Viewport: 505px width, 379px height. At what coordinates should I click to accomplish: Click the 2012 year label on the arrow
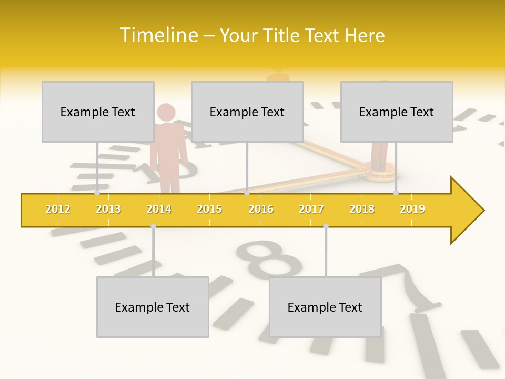click(x=58, y=209)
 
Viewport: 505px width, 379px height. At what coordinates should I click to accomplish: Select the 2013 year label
click(x=108, y=209)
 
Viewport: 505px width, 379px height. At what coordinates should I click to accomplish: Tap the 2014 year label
click(x=159, y=209)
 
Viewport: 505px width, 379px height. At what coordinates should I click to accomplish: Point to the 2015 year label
click(x=209, y=209)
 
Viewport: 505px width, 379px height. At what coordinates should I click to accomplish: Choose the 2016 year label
click(x=261, y=209)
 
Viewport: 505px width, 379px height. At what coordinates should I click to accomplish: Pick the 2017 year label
click(x=311, y=209)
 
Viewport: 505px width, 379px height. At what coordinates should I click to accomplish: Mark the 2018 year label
click(x=362, y=209)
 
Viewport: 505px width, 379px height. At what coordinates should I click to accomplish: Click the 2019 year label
click(x=412, y=209)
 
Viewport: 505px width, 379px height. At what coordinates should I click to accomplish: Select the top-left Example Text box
click(x=98, y=112)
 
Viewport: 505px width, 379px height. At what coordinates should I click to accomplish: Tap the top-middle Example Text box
click(x=247, y=112)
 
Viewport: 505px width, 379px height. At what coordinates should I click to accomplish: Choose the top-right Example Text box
click(x=397, y=112)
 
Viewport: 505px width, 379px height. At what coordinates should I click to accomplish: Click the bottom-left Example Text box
click(x=153, y=307)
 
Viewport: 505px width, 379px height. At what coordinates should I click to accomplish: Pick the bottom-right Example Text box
click(x=325, y=307)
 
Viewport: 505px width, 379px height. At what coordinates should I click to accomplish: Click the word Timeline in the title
click(x=158, y=35)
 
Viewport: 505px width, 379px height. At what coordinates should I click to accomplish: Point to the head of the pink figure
click(x=166, y=112)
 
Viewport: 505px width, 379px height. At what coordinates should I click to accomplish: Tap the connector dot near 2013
click(x=97, y=193)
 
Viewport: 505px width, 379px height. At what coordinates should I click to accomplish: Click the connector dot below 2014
click(x=153, y=226)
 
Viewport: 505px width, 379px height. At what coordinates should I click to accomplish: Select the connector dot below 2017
click(x=326, y=226)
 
